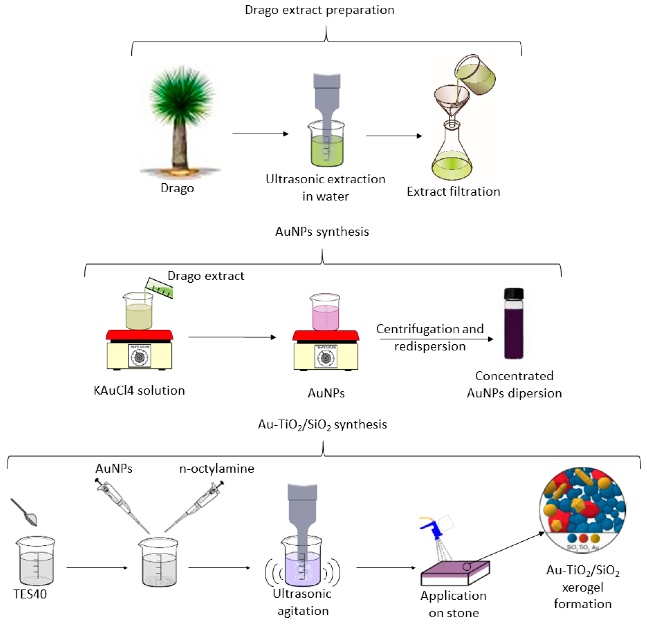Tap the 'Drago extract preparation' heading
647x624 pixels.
coord(319,10)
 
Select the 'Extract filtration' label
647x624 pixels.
coord(453,192)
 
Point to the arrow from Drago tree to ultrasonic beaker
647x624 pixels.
coord(260,134)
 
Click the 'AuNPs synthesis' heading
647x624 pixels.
coord(322,232)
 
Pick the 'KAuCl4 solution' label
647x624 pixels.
coord(139,391)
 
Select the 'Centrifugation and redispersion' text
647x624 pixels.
coord(430,338)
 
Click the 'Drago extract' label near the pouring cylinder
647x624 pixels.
coord(206,276)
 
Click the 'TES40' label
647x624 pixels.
coord(30,594)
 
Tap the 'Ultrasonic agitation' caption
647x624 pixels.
coord(302,602)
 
